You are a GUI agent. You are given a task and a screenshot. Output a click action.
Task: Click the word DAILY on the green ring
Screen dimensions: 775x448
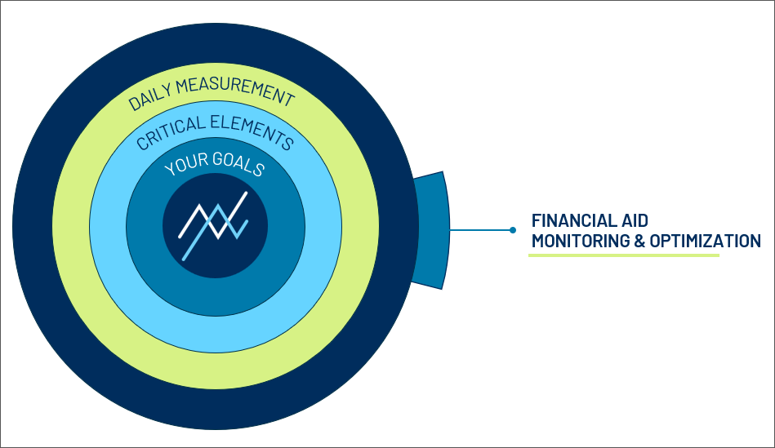click(149, 95)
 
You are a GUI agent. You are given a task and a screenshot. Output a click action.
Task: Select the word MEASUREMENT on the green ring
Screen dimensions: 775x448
click(235, 91)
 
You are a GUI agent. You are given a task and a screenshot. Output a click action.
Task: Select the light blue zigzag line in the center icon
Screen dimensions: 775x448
click(216, 232)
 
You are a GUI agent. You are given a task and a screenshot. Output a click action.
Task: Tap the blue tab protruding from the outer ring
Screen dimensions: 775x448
click(431, 230)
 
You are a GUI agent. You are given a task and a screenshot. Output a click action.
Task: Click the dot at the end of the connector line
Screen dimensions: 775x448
click(513, 230)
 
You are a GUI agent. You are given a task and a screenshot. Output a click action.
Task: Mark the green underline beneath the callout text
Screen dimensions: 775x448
click(624, 255)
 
